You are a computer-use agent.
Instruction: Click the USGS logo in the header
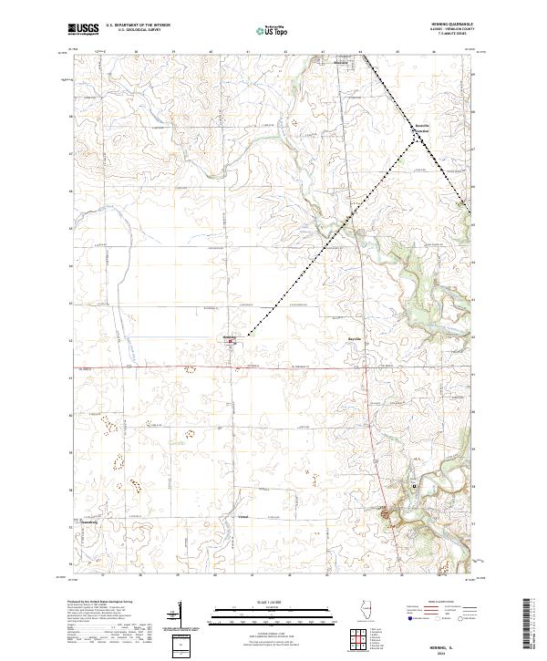[84, 29]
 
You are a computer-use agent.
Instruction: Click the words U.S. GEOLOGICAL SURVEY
[131, 31]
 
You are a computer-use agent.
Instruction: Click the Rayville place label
[354, 339]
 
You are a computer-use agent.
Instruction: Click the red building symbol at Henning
[231, 343]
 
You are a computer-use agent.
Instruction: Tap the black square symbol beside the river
[415, 486]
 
